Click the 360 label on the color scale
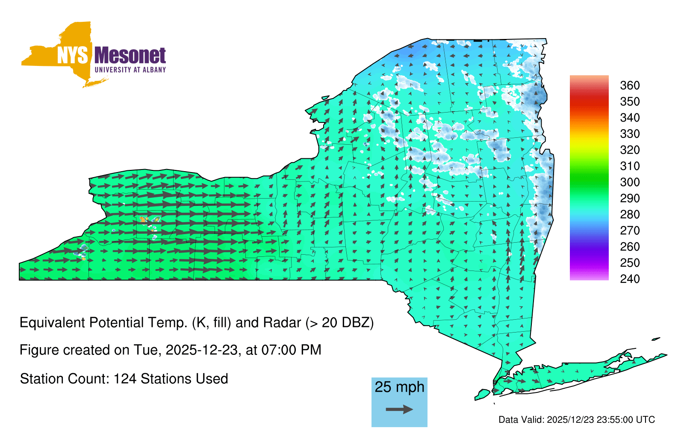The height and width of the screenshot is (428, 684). tap(630, 85)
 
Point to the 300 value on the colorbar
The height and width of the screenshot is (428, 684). tap(630, 182)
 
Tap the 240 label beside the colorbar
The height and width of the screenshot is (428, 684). tap(630, 279)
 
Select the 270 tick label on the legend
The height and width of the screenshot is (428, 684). tap(630, 231)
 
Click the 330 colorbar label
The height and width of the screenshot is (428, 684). tap(630, 134)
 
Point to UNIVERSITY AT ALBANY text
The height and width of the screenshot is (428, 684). tap(130, 70)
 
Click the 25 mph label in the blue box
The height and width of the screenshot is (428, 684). tap(399, 387)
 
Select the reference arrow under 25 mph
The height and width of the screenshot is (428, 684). tap(399, 409)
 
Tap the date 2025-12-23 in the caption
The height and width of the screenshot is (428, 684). tap(201, 350)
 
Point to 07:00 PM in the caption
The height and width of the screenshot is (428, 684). tap(291, 350)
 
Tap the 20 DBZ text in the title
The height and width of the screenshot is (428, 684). tap(345, 323)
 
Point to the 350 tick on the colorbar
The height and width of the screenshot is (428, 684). tap(630, 101)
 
